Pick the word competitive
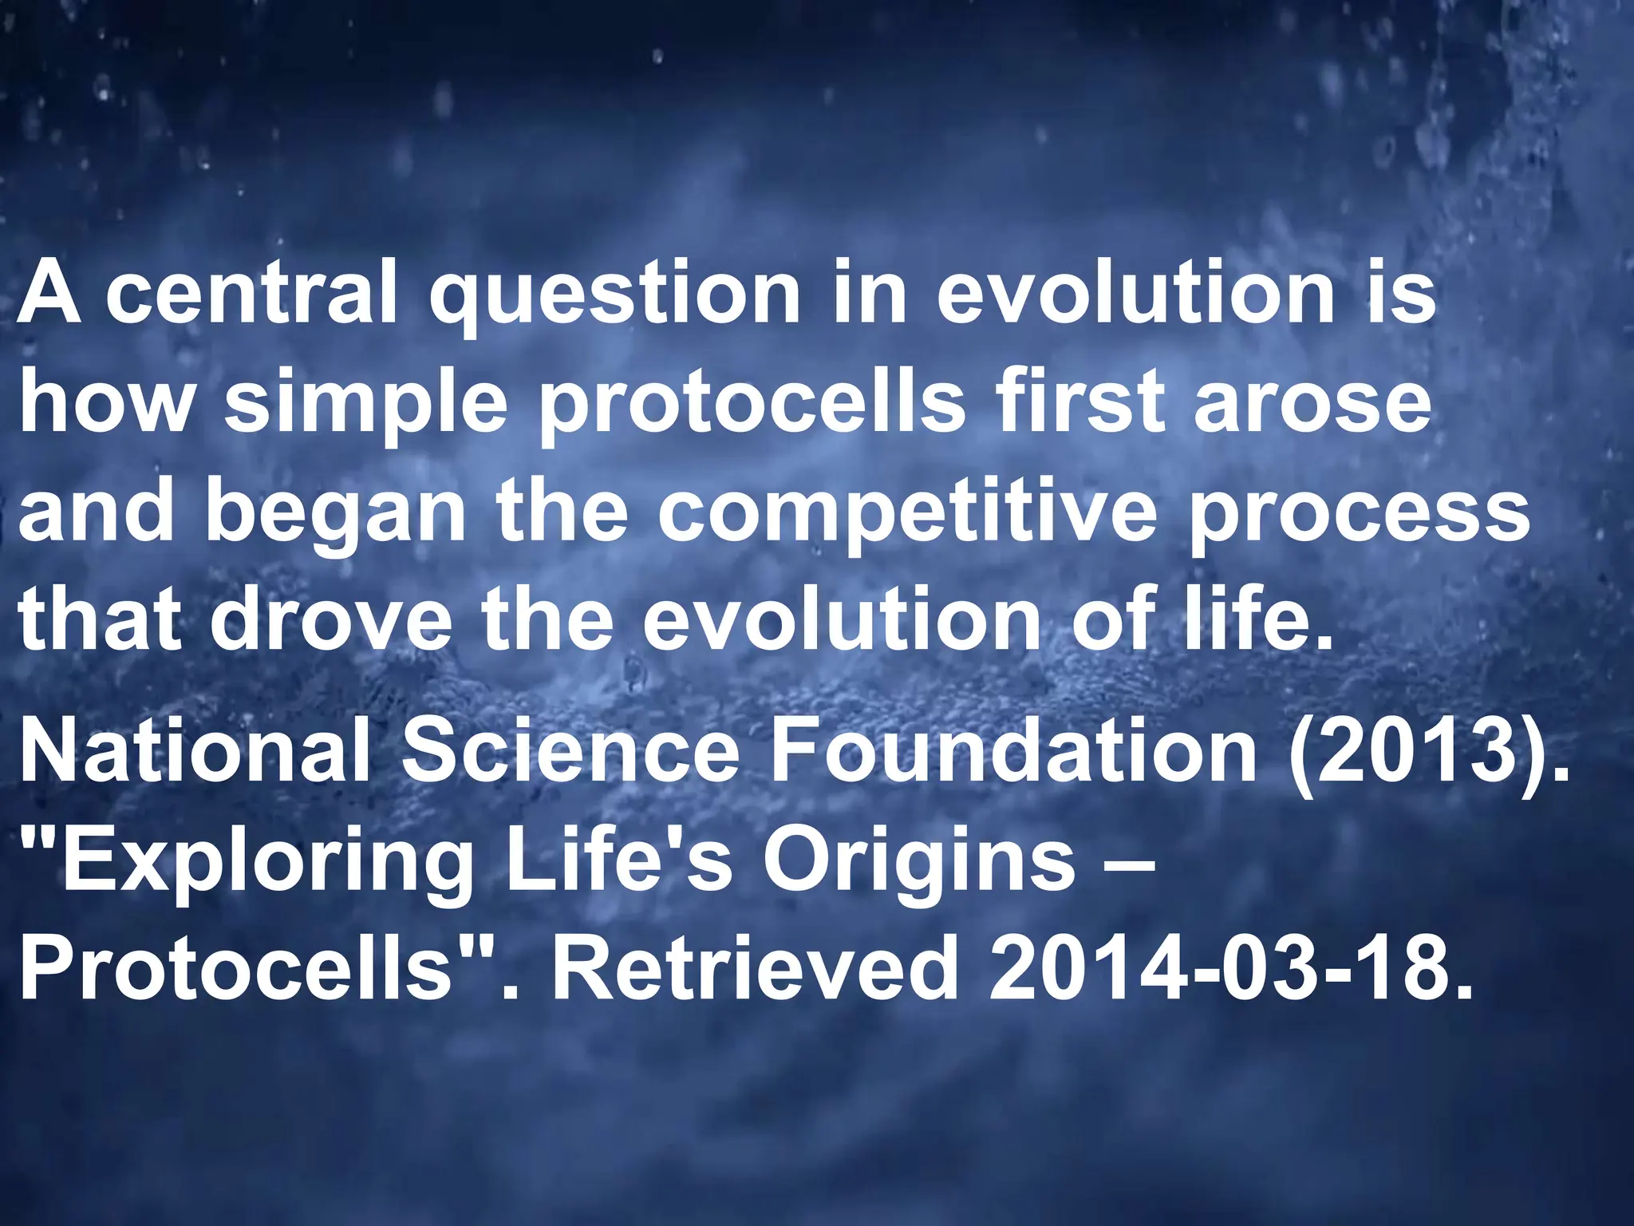point(907,515)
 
